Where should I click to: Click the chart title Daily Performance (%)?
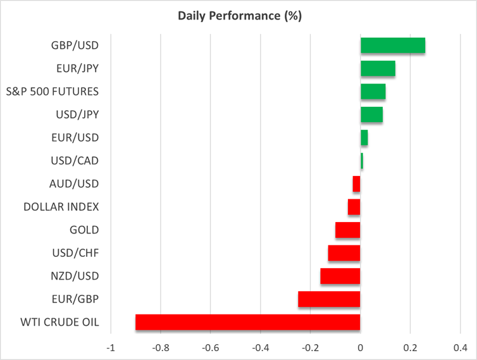click(x=238, y=16)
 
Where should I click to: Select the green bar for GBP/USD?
click(x=392, y=46)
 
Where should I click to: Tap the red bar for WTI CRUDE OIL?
click(x=247, y=322)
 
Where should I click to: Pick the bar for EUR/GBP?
click(x=329, y=299)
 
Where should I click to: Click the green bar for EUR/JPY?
click(x=378, y=68)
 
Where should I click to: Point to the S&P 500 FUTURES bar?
click(x=373, y=91)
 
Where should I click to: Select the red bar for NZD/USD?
click(x=340, y=276)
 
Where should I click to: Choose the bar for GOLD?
click(x=347, y=230)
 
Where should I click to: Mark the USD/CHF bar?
click(x=344, y=253)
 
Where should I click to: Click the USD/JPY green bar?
click(x=371, y=115)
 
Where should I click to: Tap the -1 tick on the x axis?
click(x=111, y=347)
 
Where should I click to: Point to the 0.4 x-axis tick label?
click(x=459, y=347)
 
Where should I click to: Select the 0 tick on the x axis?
click(x=360, y=347)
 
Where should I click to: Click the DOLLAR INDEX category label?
click(x=61, y=206)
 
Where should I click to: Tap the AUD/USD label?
click(x=74, y=183)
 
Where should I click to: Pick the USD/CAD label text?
click(x=75, y=161)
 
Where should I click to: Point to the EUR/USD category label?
click(x=75, y=137)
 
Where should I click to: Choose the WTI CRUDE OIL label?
click(x=60, y=321)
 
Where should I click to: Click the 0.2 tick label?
click(x=410, y=347)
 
